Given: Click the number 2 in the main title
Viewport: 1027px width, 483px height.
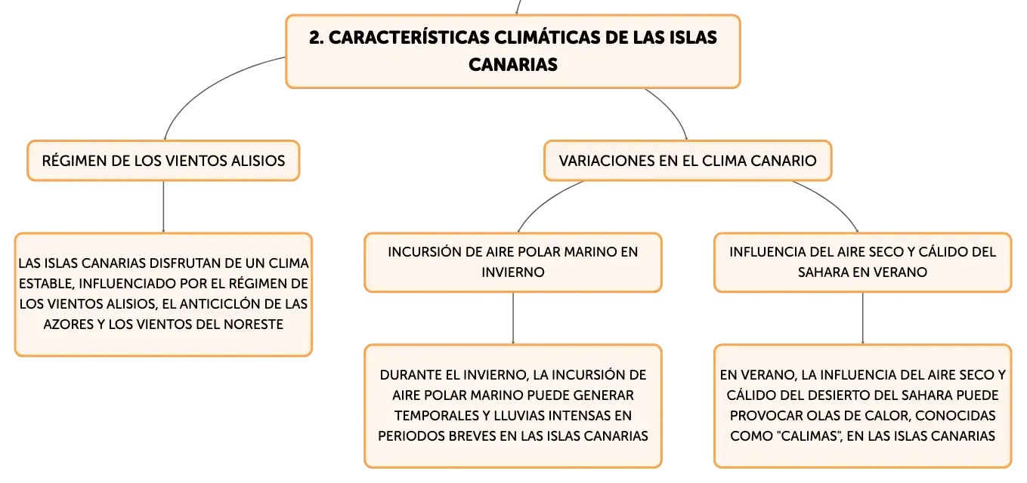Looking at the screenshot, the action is coord(314,38).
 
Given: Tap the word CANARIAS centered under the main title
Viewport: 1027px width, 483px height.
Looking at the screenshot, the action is coord(513,65).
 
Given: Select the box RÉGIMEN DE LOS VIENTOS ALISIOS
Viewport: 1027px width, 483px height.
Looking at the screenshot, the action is coord(163,161).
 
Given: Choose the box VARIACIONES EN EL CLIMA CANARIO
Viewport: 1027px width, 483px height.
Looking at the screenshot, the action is coord(688,161).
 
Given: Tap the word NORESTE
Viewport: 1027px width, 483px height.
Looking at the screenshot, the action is coord(253,324).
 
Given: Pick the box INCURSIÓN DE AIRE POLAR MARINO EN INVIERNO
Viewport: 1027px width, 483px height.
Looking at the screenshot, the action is coord(513,263).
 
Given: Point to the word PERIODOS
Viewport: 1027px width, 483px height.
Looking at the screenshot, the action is coord(410,436).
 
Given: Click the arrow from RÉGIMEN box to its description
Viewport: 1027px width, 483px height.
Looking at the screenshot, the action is coord(163,207).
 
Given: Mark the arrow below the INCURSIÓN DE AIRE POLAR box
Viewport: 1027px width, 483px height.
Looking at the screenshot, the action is coord(513,318).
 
